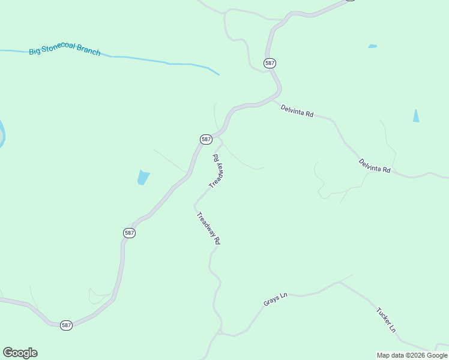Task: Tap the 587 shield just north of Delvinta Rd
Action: pyautogui.click(x=270, y=62)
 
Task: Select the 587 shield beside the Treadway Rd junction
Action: pyautogui.click(x=206, y=139)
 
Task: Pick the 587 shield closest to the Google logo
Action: pyautogui.click(x=66, y=325)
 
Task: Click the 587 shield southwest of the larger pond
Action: pyautogui.click(x=129, y=233)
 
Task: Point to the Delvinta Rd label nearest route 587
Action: pyautogui.click(x=297, y=111)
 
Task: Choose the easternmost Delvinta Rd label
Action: pyautogui.click(x=375, y=166)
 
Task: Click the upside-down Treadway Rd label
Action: pyautogui.click(x=217, y=170)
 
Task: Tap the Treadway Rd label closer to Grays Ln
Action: pyautogui.click(x=208, y=228)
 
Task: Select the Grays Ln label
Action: pyautogui.click(x=276, y=299)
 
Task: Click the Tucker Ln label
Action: pyautogui.click(x=386, y=320)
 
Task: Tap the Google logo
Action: pyautogui.click(x=20, y=353)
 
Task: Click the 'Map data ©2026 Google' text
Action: pyautogui.click(x=412, y=355)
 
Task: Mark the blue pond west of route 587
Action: pyautogui.click(x=143, y=178)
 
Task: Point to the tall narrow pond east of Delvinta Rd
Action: pyautogui.click(x=416, y=116)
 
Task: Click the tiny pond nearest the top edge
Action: pyautogui.click(x=373, y=46)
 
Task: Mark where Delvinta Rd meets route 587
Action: pyautogui.click(x=276, y=100)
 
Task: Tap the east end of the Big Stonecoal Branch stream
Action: pyautogui.click(x=218, y=74)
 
